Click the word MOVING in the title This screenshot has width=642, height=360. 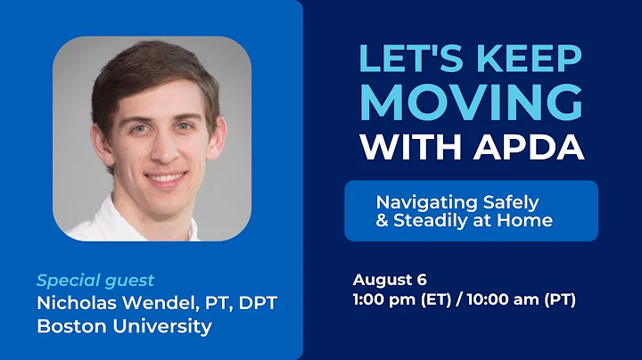click(472, 102)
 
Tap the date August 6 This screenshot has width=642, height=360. click(389, 279)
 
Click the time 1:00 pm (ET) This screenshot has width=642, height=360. click(399, 299)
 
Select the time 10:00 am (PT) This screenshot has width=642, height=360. click(521, 299)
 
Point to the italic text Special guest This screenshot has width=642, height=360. click(95, 280)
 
